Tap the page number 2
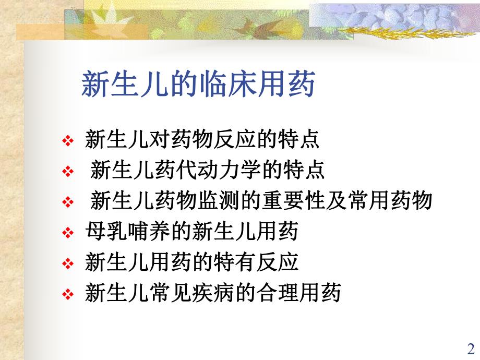[470, 348]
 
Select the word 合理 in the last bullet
[277, 293]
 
